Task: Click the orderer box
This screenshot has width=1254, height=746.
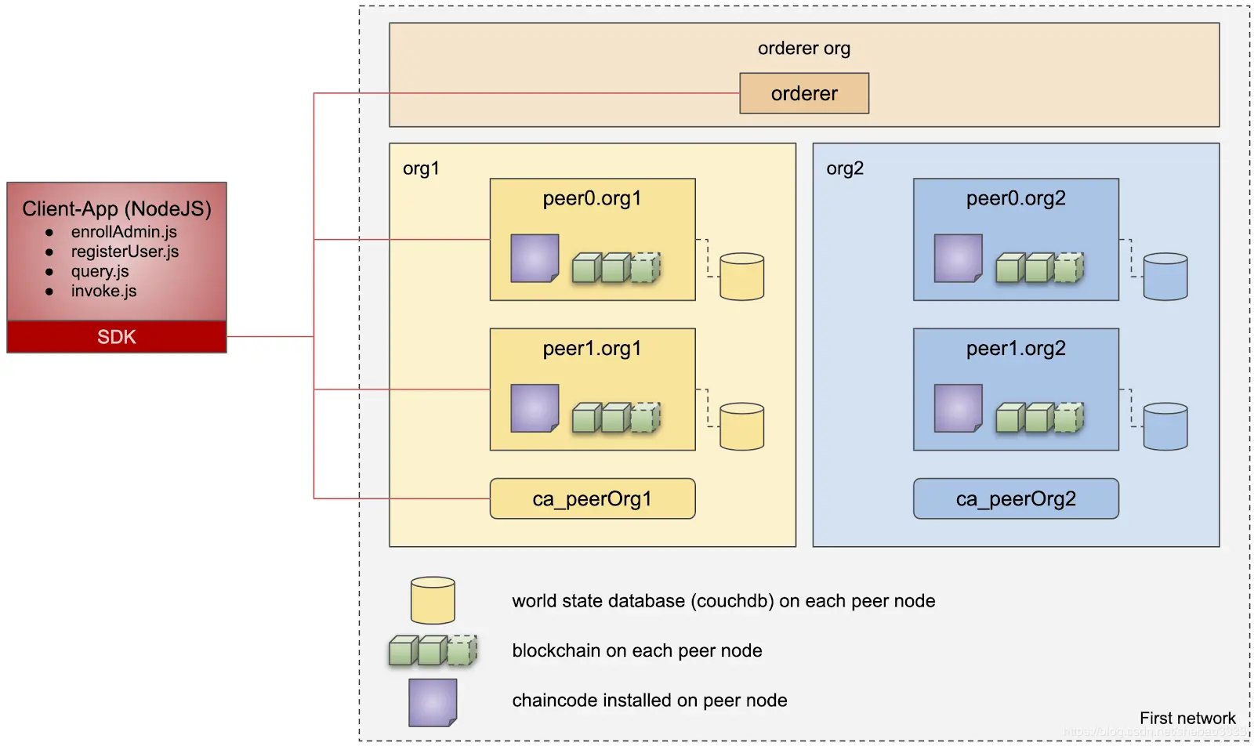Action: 804,93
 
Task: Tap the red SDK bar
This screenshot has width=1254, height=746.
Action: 117,337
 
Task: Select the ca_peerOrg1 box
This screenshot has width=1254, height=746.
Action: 593,499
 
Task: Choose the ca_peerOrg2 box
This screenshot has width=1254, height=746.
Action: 1016,499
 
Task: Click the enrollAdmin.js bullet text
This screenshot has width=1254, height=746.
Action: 124,232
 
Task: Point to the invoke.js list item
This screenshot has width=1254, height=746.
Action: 103,291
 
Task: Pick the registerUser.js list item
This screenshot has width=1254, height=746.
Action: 125,252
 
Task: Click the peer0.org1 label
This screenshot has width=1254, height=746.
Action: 593,198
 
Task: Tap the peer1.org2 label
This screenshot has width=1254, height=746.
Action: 1016,349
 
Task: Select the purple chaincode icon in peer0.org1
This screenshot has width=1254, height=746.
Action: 535,258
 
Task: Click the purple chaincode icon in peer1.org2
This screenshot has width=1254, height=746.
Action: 958,408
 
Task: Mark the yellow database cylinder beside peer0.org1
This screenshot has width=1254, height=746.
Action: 741,277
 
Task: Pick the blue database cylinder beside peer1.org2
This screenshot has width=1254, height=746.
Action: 1165,426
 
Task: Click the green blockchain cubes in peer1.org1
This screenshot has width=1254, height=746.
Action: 617,418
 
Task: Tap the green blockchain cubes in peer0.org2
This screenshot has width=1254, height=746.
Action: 1040,268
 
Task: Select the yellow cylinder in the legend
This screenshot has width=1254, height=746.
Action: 433,600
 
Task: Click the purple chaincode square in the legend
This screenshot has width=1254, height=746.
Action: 433,702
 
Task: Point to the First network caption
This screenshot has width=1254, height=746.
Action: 1187,719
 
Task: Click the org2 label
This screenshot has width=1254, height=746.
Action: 845,168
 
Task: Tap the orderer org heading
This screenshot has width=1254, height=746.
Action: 804,49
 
